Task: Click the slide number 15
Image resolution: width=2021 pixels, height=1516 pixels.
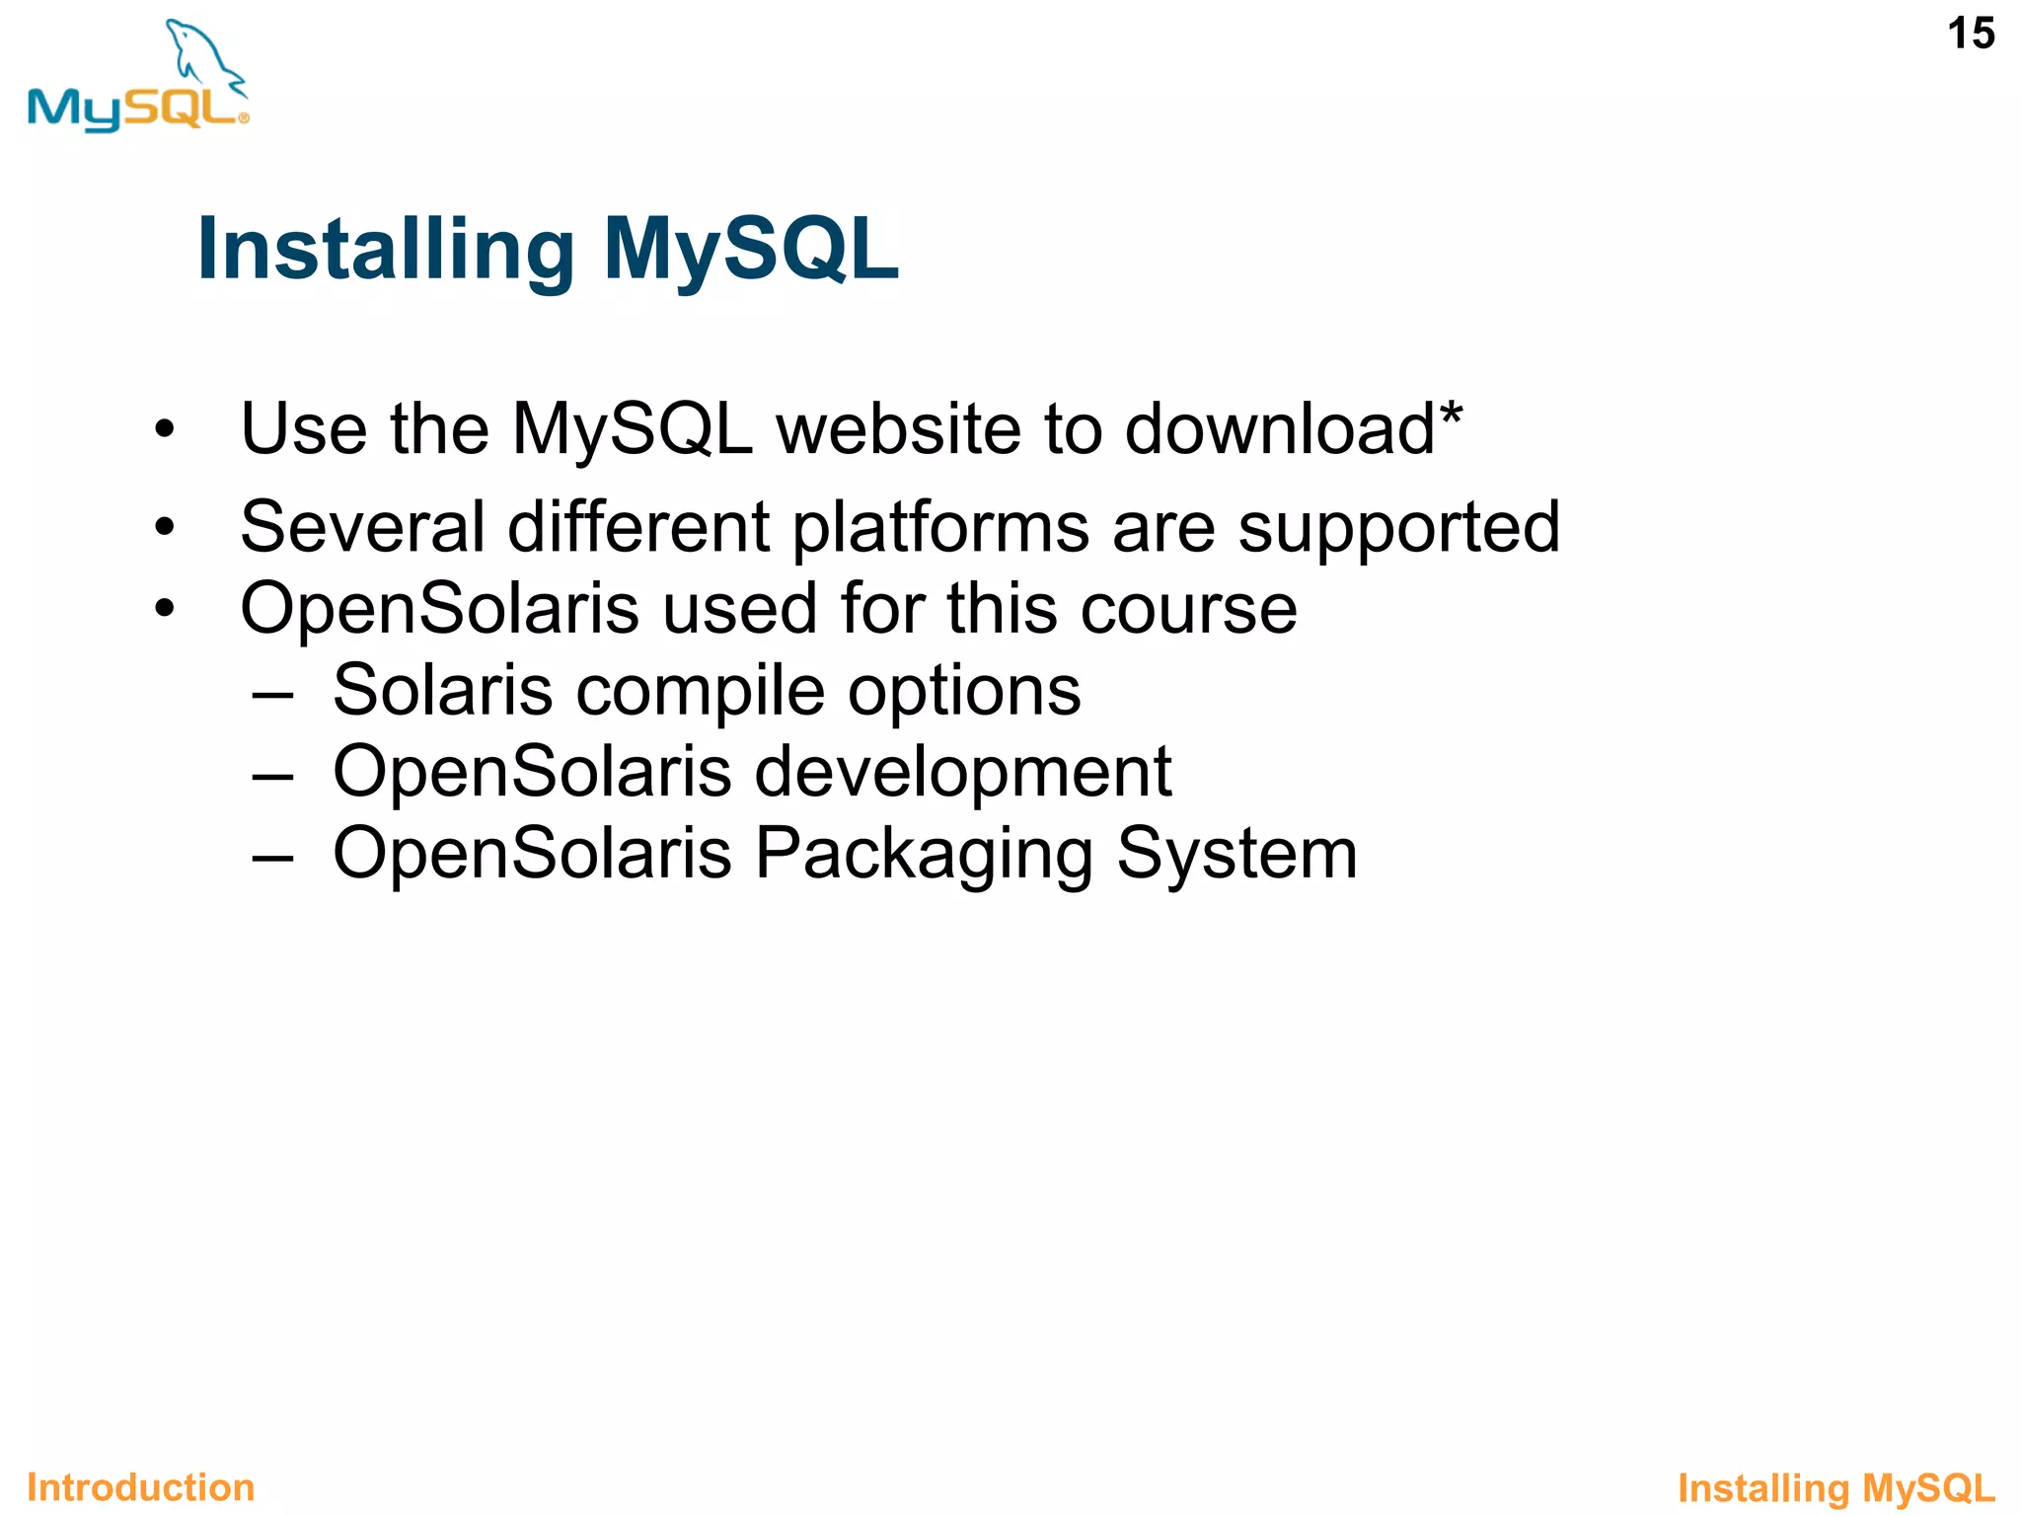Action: point(1971,35)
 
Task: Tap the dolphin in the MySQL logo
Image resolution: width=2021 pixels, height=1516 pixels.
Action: point(202,54)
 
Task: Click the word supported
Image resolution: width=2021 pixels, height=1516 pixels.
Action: point(1399,529)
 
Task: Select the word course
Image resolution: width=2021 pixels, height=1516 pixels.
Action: point(1188,609)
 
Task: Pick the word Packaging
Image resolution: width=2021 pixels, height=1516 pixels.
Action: point(924,855)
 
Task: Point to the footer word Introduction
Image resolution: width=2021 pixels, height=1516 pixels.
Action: point(141,1487)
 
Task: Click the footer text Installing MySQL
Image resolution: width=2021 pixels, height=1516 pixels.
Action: point(1836,1488)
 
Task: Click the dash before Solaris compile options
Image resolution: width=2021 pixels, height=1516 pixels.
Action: point(272,692)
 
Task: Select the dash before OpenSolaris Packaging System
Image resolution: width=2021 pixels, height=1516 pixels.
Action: point(272,856)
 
